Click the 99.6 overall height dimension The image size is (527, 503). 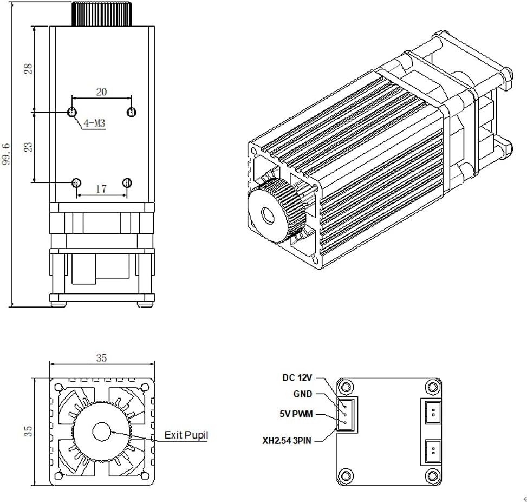[6, 154]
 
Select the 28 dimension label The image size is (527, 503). [28, 68]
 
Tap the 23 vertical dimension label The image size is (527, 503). [28, 146]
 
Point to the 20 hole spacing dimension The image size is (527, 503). [101, 92]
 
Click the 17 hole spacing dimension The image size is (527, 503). [101, 189]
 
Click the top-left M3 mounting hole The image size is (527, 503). [71, 112]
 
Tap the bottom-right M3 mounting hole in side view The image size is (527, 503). [128, 182]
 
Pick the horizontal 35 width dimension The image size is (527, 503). [101, 358]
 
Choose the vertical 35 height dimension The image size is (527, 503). [28, 431]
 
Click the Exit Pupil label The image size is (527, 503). [186, 435]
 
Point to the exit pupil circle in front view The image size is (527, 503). [101, 432]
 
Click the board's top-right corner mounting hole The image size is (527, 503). [432, 387]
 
